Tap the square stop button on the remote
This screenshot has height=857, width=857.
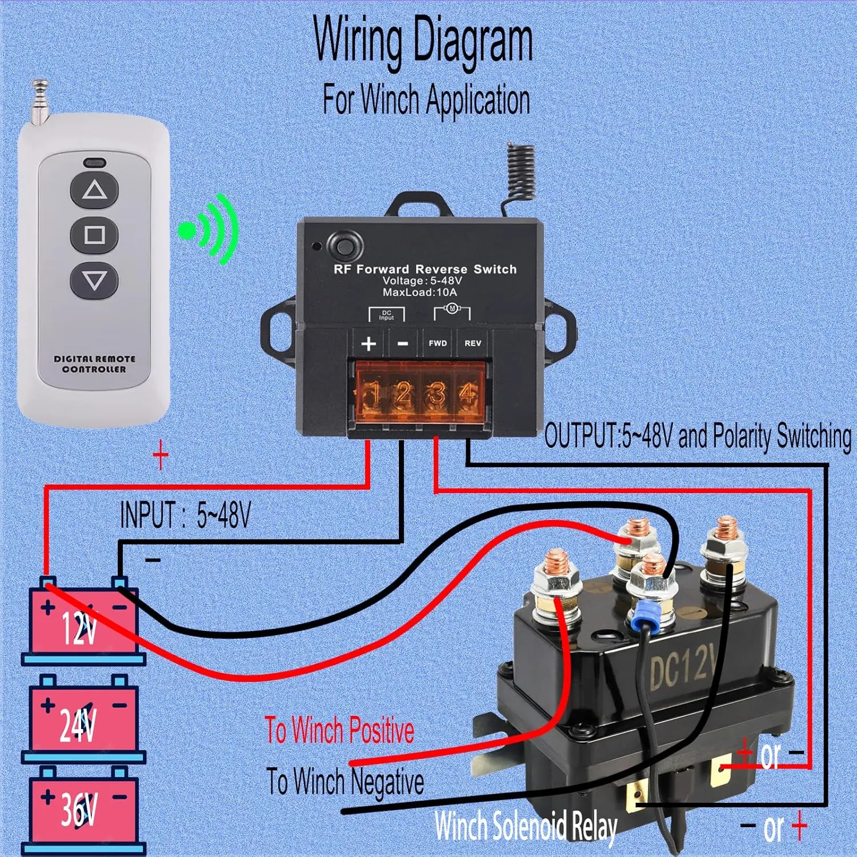94,235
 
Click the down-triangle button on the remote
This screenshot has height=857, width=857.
94,281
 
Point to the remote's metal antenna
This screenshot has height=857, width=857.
39,103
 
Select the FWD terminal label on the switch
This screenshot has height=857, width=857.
438,343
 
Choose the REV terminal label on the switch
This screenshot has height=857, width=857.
472,343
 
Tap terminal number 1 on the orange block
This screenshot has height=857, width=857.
373,395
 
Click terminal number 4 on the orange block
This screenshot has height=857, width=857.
468,395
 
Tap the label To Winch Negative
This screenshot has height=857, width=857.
345,782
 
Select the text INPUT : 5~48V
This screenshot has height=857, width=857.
185,515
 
